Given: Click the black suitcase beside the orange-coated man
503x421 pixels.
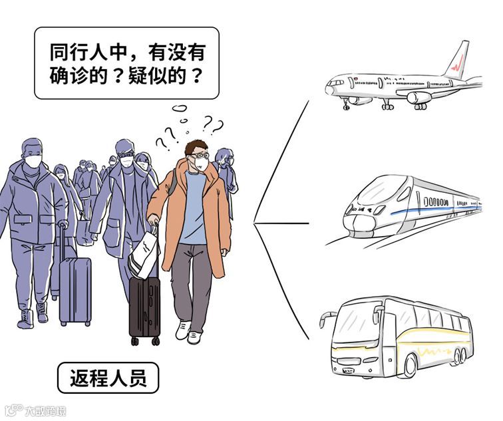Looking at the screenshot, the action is point(144,307).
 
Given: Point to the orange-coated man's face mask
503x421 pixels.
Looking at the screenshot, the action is point(196,163).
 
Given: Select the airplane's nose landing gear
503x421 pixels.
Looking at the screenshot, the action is point(346,103).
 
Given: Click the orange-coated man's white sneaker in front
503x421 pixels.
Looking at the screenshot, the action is point(183,329).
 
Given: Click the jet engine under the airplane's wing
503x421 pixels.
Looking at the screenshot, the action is point(420,98).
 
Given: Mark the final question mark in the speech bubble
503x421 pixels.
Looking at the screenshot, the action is point(196,75).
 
